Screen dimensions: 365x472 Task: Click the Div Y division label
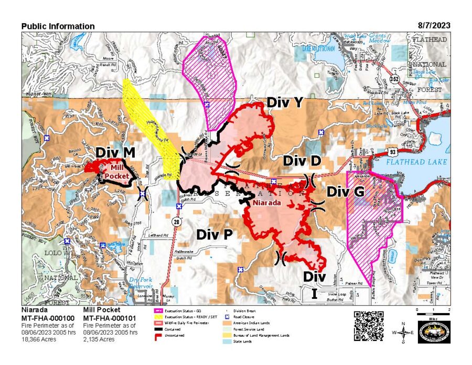pos(285,102)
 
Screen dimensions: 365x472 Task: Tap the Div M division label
pos(115,152)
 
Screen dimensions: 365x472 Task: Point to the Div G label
pos(345,192)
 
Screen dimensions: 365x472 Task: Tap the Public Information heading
pos(58,26)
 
